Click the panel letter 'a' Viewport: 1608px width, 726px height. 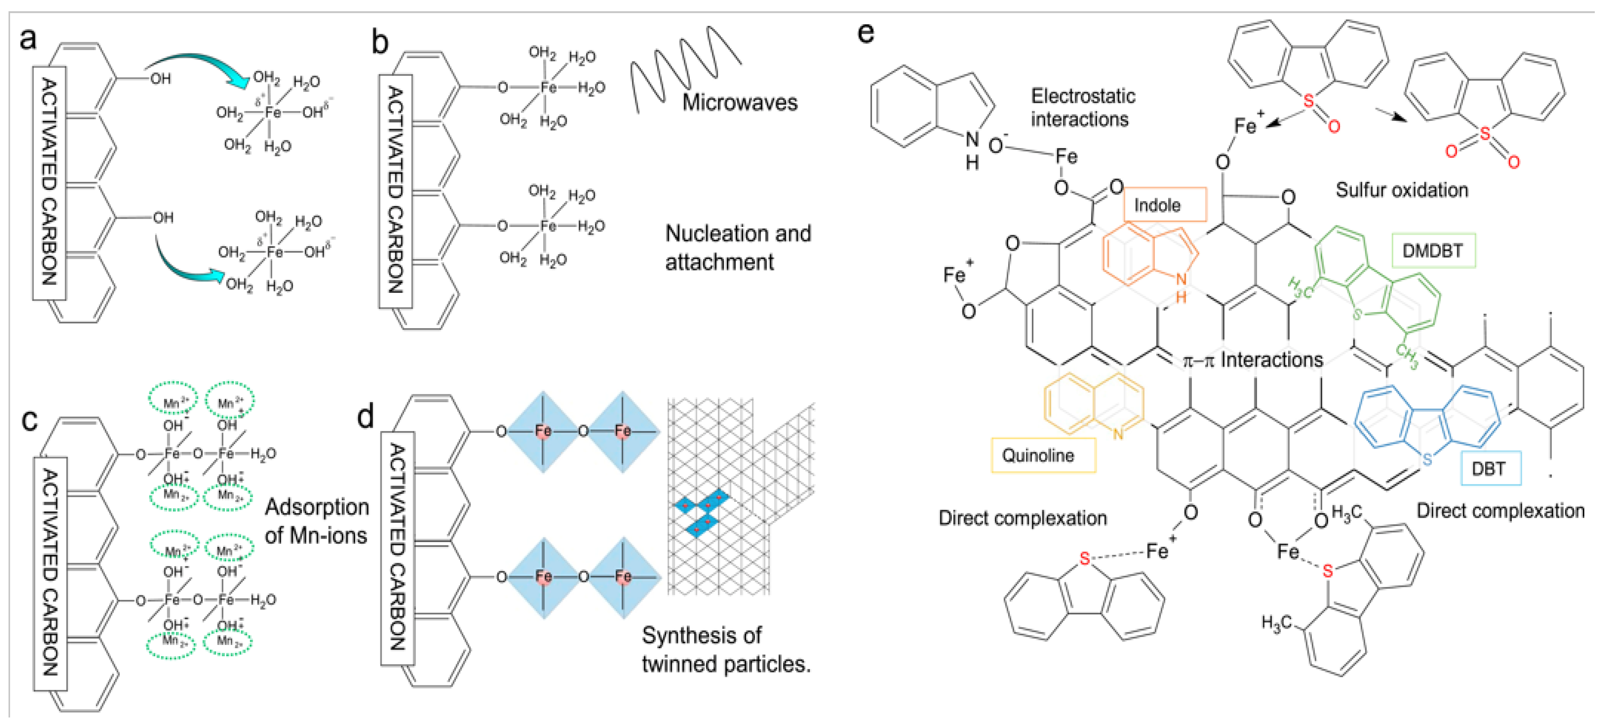28,39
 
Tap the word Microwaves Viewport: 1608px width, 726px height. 739,102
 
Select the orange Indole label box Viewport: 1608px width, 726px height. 1164,205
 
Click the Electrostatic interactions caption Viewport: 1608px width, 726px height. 1082,107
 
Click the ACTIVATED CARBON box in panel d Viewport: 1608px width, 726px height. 398,548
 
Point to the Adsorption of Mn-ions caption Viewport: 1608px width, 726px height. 316,521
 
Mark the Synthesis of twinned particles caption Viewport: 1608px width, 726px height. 725,649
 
